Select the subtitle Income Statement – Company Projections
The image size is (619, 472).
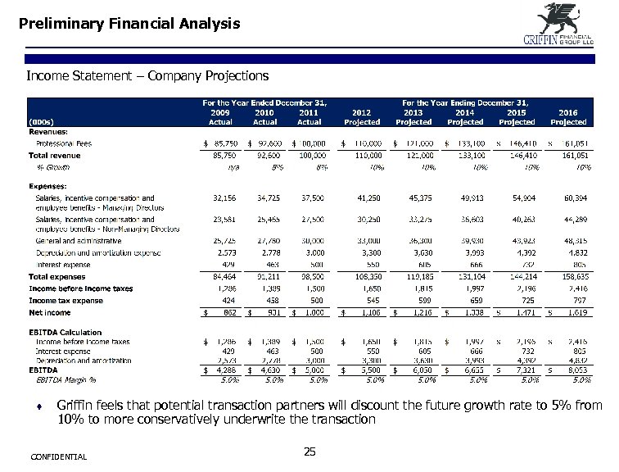point(147,76)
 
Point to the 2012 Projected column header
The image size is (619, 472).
point(362,117)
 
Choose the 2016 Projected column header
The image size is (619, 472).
point(568,117)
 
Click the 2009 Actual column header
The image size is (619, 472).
point(220,117)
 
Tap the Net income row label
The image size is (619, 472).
point(52,312)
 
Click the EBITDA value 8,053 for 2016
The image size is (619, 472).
point(572,370)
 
